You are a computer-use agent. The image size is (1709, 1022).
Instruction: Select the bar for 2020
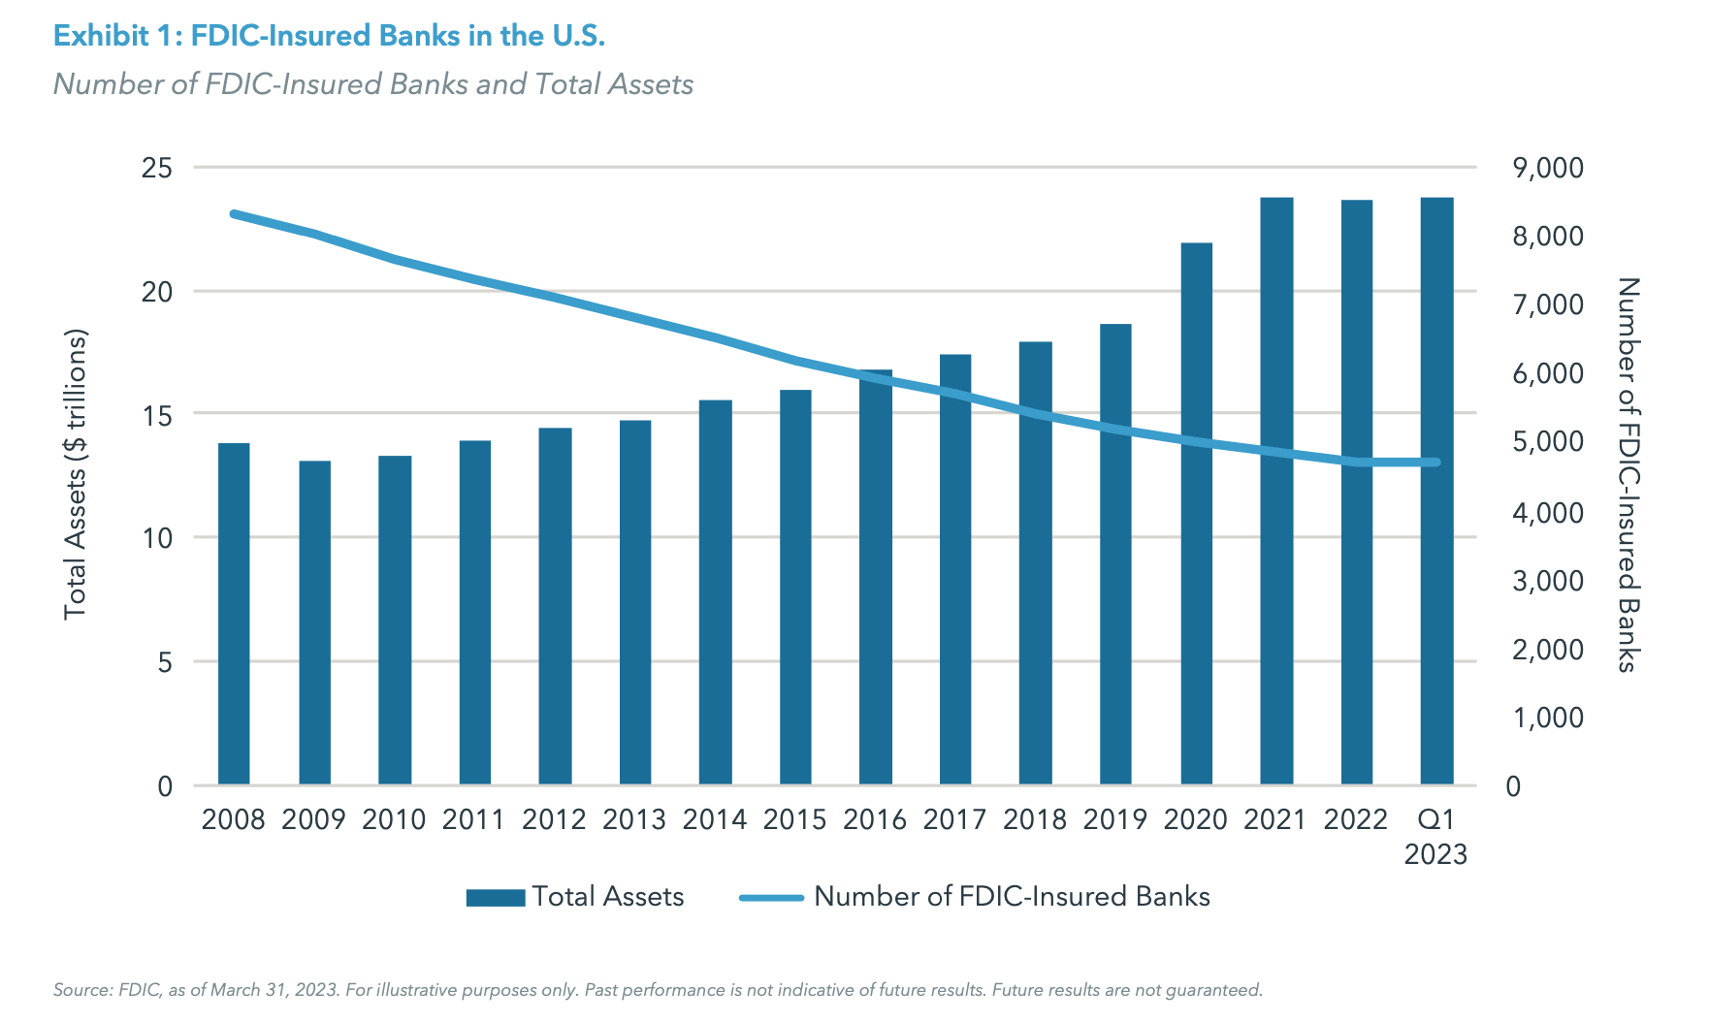1196,513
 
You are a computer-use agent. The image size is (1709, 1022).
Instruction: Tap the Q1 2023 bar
1436,491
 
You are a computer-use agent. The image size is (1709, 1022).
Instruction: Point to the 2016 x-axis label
874,820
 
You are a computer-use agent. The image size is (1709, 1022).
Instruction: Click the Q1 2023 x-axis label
1435,837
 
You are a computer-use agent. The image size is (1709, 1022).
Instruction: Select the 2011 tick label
473,820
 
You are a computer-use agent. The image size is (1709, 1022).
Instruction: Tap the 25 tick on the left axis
156,168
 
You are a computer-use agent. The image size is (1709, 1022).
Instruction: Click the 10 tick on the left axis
156,538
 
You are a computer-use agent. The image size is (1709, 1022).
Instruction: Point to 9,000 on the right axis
1547,168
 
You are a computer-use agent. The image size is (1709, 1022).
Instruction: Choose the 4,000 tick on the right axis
1547,512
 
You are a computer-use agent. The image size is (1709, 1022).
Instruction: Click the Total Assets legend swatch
495,897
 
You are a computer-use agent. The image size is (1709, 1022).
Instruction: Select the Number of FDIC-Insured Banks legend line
771,897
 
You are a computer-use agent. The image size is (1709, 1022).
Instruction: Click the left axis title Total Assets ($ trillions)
76,475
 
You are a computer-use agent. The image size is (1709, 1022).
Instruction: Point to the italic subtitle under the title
372,84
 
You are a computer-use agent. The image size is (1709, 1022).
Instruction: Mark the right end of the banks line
1436,463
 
